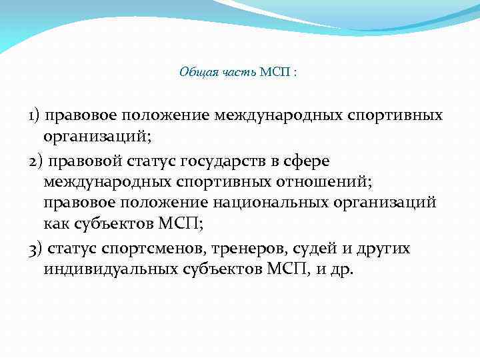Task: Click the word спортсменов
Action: click(x=153, y=249)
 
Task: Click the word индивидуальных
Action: click(x=110, y=270)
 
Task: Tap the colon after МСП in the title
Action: click(x=295, y=73)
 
